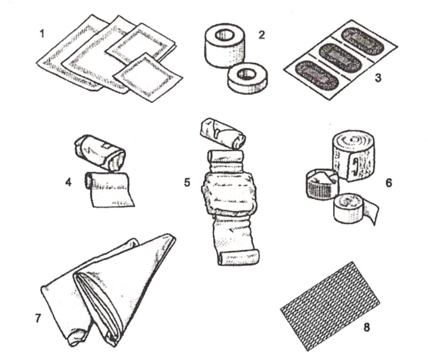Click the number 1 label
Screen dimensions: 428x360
click(x=42, y=34)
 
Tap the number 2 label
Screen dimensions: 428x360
click(x=261, y=34)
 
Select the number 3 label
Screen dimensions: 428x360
click(x=378, y=78)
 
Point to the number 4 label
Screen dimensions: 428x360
click(x=68, y=182)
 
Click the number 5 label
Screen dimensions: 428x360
click(x=187, y=182)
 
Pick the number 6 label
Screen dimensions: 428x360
click(x=389, y=183)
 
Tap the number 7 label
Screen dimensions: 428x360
click(x=38, y=318)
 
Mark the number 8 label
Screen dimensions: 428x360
click(x=367, y=327)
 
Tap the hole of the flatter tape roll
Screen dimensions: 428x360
click(x=246, y=73)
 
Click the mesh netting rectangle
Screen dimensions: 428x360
click(x=330, y=306)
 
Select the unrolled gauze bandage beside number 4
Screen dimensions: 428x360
click(x=110, y=189)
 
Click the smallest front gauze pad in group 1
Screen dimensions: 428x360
click(x=147, y=77)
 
